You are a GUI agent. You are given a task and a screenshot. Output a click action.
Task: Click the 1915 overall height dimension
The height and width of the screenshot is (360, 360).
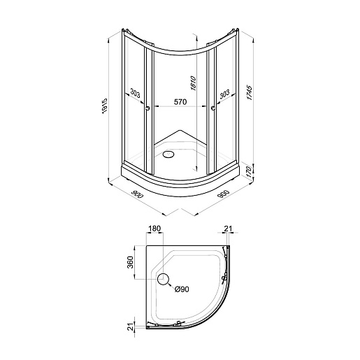tap(104, 106)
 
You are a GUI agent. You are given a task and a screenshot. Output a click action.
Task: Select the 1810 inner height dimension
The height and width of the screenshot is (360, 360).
tap(193, 82)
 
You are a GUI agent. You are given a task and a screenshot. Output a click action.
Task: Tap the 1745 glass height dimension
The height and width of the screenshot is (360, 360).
tap(249, 93)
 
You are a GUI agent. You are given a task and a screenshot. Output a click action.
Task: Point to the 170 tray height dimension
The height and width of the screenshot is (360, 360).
tap(249, 172)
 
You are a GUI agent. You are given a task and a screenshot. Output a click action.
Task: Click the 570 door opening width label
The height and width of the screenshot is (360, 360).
tap(180, 102)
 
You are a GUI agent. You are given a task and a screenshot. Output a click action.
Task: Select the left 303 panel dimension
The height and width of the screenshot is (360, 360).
tap(135, 93)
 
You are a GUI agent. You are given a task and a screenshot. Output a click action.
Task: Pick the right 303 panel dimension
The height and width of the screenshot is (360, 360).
tap(224, 94)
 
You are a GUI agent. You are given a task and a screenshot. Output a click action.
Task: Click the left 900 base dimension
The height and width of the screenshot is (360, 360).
tap(137, 194)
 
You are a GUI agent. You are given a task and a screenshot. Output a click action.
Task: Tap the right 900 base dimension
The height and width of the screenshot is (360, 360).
tap(224, 194)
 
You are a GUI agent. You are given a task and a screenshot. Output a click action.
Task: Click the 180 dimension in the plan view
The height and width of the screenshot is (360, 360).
tap(154, 229)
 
